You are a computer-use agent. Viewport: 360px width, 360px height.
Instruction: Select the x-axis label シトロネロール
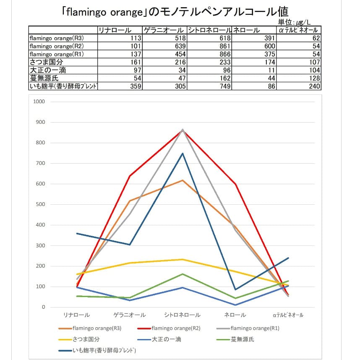tap(182, 315)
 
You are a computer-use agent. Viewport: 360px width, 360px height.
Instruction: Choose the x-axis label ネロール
tap(235, 315)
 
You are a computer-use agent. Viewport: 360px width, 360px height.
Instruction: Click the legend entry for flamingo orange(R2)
tap(176, 328)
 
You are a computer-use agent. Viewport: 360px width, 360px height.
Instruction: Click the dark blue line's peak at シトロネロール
tap(183, 153)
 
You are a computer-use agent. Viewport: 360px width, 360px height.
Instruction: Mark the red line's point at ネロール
tap(235, 184)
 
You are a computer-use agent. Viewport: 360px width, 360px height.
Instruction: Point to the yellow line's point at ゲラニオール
tap(130, 263)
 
